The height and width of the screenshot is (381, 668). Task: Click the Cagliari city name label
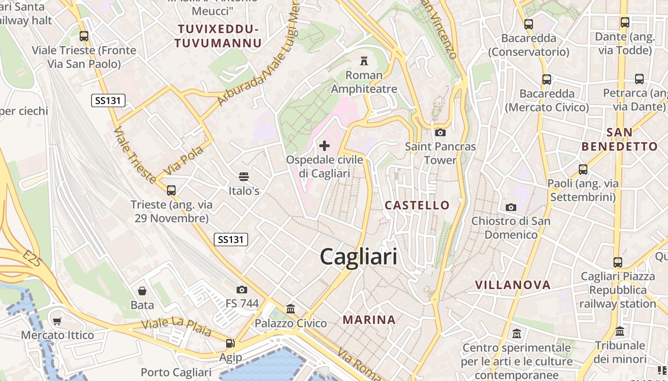358,257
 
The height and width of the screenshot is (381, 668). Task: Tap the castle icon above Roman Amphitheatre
364,60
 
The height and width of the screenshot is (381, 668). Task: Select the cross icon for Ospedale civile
324,145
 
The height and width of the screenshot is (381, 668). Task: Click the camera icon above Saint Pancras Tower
440,132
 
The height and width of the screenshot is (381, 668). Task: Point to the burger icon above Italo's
244,177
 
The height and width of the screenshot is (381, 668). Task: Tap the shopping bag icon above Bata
142,291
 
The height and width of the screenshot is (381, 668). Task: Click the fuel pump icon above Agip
230,343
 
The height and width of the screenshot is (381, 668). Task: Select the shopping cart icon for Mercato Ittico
57,321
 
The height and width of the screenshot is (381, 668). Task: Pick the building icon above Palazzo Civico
291,309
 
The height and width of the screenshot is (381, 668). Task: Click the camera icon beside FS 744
242,290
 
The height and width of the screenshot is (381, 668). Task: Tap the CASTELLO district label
417,205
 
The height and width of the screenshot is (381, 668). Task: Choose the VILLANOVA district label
513,285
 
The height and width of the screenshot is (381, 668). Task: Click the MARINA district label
369,320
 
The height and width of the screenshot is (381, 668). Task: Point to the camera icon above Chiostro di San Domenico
511,207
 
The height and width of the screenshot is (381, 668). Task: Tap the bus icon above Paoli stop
583,170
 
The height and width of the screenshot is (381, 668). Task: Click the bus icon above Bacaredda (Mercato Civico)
547,80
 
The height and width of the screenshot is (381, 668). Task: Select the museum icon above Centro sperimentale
517,334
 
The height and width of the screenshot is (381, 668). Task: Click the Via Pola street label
183,160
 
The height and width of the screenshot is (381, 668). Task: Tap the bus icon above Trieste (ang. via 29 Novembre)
171,190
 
